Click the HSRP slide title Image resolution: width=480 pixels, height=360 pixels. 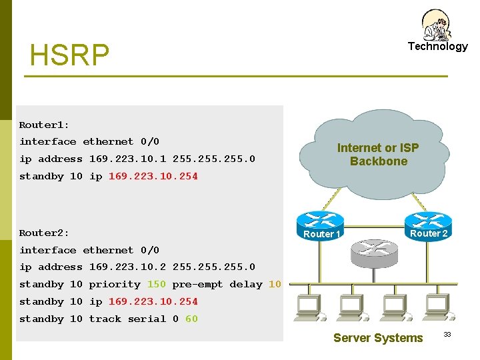[x=69, y=56]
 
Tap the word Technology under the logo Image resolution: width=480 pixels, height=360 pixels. [x=437, y=46]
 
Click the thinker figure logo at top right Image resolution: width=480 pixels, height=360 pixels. [x=437, y=25]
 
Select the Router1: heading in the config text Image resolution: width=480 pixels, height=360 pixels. [x=44, y=125]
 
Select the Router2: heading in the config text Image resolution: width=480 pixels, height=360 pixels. [x=44, y=233]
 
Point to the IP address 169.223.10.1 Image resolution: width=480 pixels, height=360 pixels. [x=127, y=159]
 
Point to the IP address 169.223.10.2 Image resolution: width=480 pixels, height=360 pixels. [x=127, y=267]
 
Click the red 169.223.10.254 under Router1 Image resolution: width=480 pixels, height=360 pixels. [x=153, y=176]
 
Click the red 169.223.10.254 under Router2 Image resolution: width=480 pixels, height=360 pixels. [x=153, y=301]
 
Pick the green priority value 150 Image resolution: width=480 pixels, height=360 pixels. [x=156, y=284]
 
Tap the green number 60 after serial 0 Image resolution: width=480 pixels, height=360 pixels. [x=191, y=319]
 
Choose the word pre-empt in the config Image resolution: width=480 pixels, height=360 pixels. [x=197, y=284]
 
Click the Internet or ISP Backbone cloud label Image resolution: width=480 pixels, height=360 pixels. [x=378, y=155]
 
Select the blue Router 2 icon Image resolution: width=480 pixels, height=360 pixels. [x=428, y=222]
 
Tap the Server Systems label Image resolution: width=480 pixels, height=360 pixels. [x=378, y=338]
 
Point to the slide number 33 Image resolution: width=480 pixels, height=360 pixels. [x=447, y=334]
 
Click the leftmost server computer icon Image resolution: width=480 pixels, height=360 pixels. [x=308, y=307]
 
